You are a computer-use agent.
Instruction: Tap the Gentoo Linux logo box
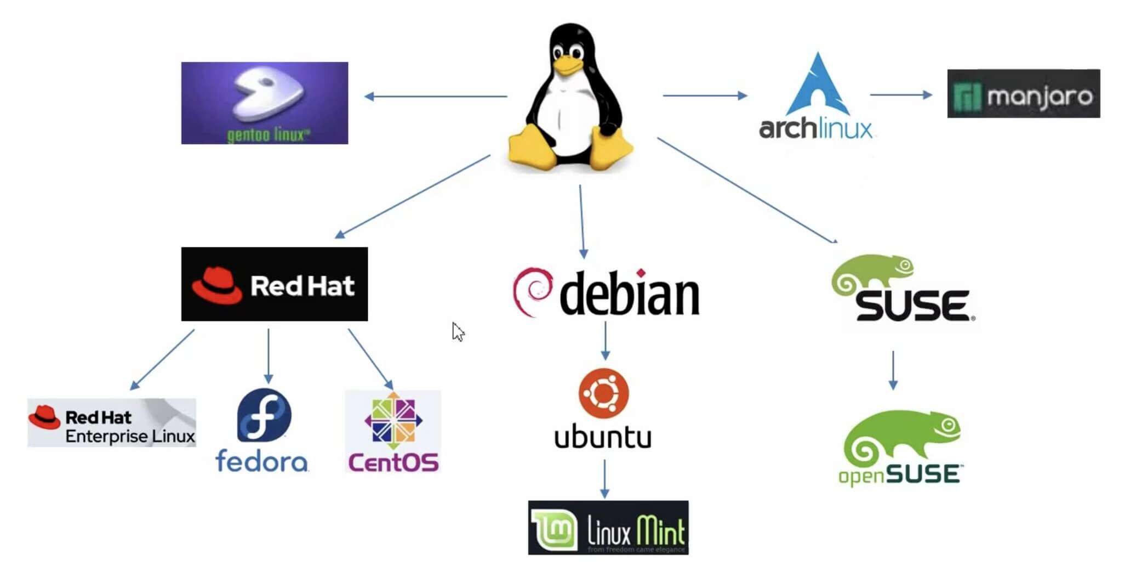click(264, 103)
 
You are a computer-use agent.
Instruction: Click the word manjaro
click(1040, 97)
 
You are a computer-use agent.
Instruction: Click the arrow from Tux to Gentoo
click(436, 97)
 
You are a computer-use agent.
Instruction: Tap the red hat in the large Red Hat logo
click(216, 285)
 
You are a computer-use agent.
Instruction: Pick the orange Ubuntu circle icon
click(603, 393)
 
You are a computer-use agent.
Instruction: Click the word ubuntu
click(603, 437)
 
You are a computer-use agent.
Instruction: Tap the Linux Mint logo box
click(608, 527)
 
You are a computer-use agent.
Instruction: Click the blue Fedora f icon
click(264, 415)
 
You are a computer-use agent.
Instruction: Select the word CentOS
click(393, 462)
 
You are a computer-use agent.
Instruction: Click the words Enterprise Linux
click(130, 436)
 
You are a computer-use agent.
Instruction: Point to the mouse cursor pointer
click(458, 331)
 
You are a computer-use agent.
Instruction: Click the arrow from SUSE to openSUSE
click(893, 370)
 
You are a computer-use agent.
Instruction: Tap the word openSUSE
click(899, 475)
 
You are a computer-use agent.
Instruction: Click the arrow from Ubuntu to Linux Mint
click(604, 479)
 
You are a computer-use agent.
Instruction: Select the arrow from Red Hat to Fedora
click(268, 355)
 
